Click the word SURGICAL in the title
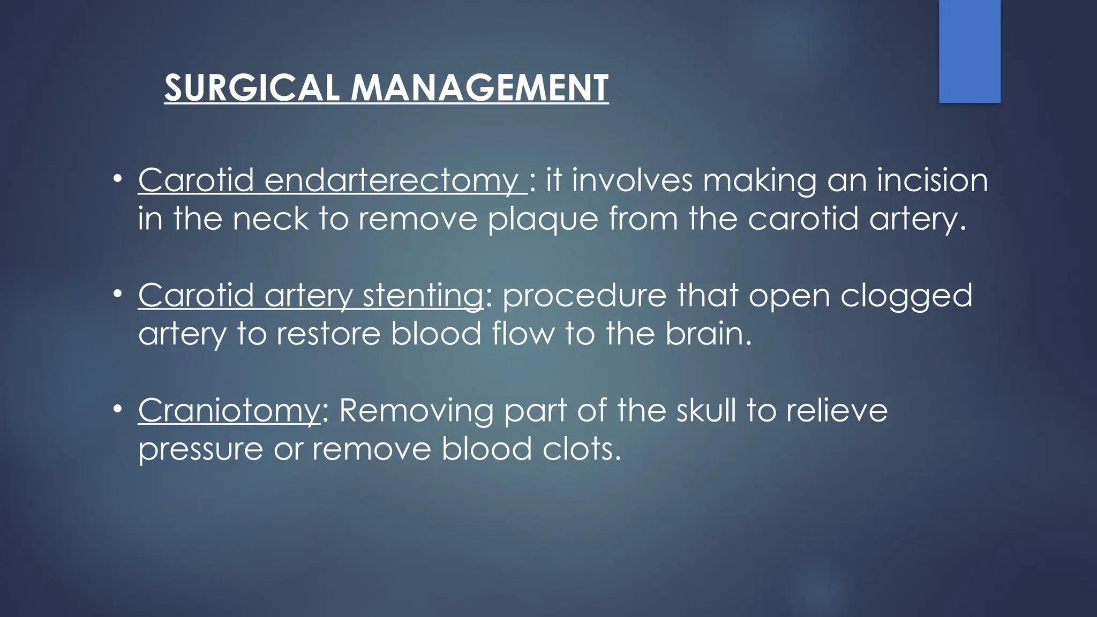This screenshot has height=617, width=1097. [251, 88]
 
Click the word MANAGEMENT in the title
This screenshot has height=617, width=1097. [479, 88]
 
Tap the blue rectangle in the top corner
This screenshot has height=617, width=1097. [970, 51]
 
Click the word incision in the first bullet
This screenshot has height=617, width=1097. [932, 180]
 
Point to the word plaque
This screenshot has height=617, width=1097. [543, 220]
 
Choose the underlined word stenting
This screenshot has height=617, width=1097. [423, 296]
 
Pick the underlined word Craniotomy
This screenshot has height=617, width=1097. [229, 411]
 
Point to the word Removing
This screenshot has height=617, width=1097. [416, 411]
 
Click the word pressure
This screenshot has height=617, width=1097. [200, 450]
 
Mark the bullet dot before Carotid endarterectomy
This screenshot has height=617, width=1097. [117, 179]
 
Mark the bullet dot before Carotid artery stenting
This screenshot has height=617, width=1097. [117, 294]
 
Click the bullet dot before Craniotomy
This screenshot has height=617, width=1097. [117, 409]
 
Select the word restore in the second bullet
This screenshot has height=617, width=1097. [328, 334]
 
